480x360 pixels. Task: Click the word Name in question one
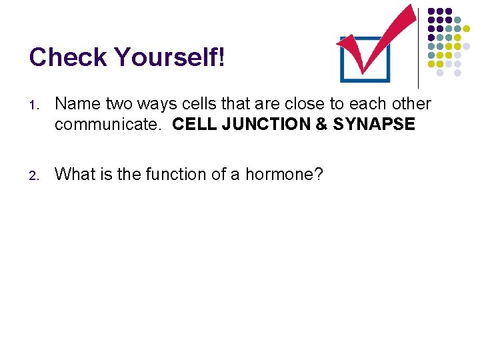point(75,104)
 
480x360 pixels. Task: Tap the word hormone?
point(285,174)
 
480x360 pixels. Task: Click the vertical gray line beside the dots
point(418,44)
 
